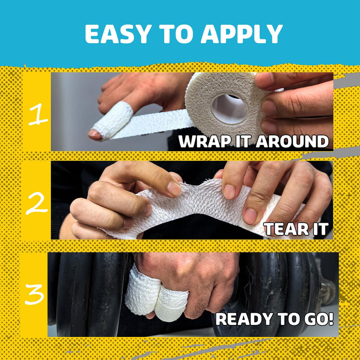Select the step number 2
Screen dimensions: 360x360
tap(36, 204)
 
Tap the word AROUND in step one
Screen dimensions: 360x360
tap(292, 141)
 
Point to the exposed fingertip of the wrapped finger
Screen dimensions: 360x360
tap(95, 133)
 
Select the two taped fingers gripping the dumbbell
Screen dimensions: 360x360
tap(155, 295)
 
